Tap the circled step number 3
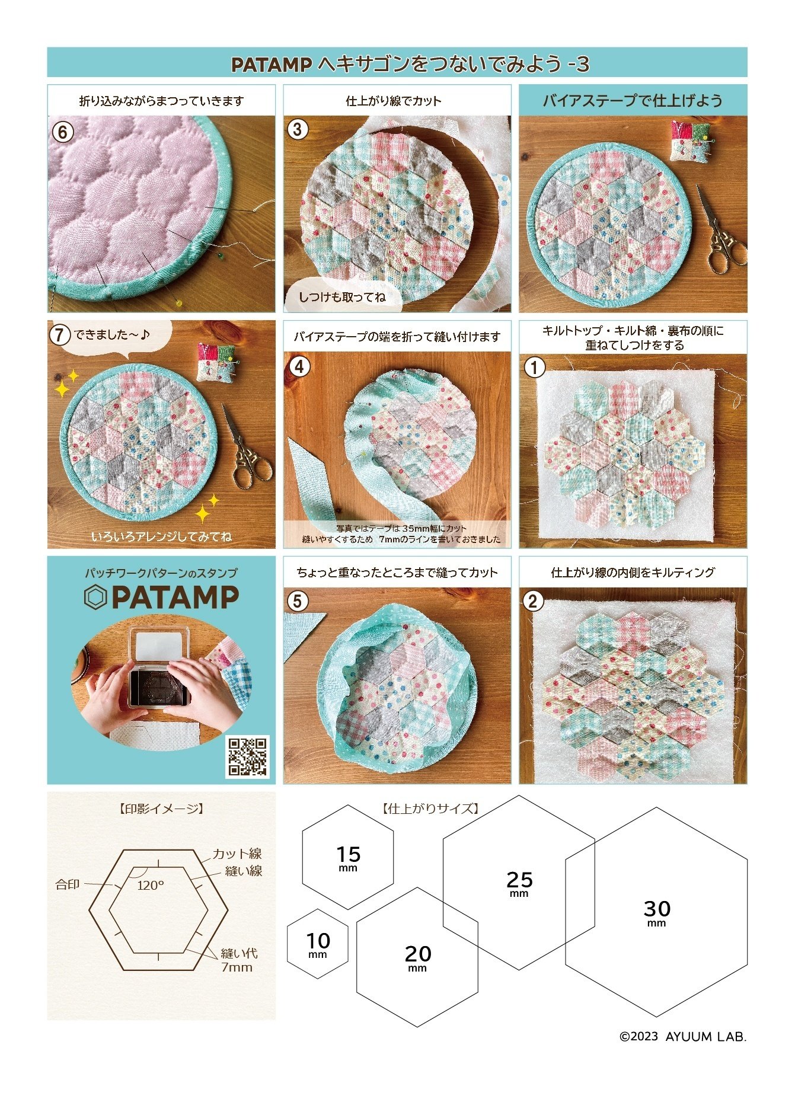pyautogui.click(x=298, y=129)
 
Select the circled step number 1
pyautogui.click(x=535, y=368)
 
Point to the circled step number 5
pyautogui.click(x=298, y=601)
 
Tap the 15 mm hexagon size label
pyautogui.click(x=348, y=858)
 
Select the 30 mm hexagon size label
pyautogui.click(x=657, y=912)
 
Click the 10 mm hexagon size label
pyautogui.click(x=318, y=944)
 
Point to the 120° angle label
pyautogui.click(x=151, y=886)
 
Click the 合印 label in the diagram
pyautogui.click(x=68, y=884)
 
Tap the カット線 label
pyautogui.click(x=237, y=854)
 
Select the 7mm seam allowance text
pyautogui.click(x=237, y=967)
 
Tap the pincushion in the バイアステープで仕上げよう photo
pyautogui.click(x=691, y=141)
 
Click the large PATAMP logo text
pyautogui.click(x=161, y=597)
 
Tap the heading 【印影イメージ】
pyautogui.click(x=161, y=809)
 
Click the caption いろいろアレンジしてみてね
pyautogui.click(x=161, y=537)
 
